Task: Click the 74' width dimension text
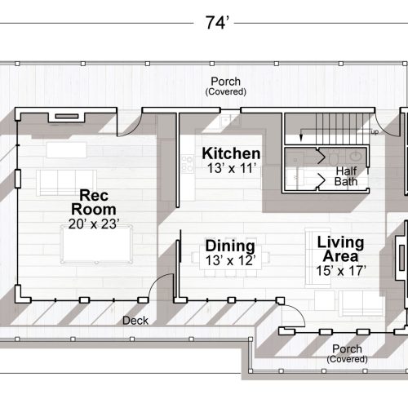[x=215, y=23]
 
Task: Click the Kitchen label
[x=231, y=153]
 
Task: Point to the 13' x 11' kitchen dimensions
[x=231, y=168]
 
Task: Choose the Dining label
[x=230, y=246]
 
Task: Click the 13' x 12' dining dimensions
[x=230, y=260]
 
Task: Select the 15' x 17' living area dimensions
[x=340, y=270]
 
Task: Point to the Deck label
[x=135, y=321]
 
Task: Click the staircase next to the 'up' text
[x=326, y=129]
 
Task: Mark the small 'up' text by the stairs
[x=375, y=131]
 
